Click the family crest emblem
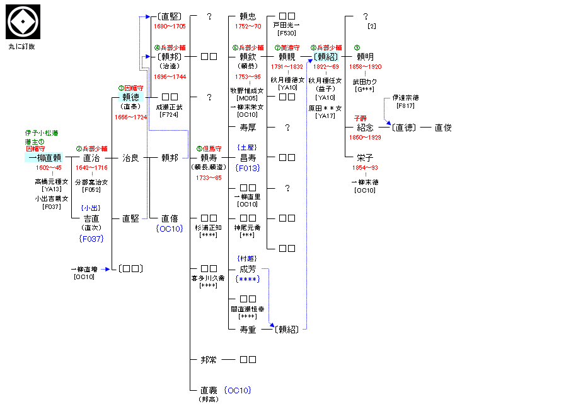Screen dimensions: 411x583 coord(23,22)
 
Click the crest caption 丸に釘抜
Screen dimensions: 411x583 coord(23,47)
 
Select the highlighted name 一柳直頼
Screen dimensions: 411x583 coord(44,157)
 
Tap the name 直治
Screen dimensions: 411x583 coord(91,157)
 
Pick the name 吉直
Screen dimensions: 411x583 coord(91,218)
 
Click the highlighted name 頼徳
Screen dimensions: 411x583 coord(130,97)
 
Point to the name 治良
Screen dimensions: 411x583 coord(130,157)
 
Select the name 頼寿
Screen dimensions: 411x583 coord(209,157)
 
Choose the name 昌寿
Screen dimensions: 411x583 coord(248,157)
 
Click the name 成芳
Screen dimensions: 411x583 coord(248,268)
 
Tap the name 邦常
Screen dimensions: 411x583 coord(209,359)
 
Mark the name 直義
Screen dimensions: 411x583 coord(209,390)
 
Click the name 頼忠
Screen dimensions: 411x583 coord(248,16)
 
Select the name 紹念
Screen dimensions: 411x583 coord(365,127)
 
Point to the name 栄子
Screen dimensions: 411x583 coord(365,157)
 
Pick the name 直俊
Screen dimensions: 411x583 coord(443,127)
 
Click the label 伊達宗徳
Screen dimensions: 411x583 coord(405,98)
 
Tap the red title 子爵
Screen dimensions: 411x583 coord(360,117)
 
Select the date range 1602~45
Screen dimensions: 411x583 coord(49,168)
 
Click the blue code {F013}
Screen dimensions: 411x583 coord(248,169)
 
